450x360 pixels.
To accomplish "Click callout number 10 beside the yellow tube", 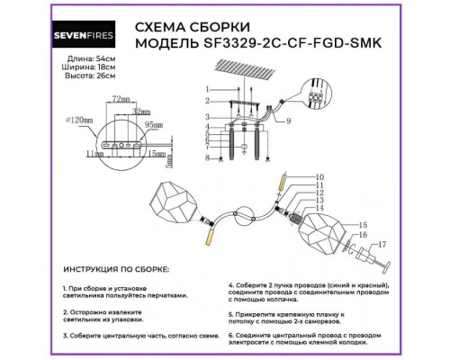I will (293, 176).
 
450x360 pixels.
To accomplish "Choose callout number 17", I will (381, 244).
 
